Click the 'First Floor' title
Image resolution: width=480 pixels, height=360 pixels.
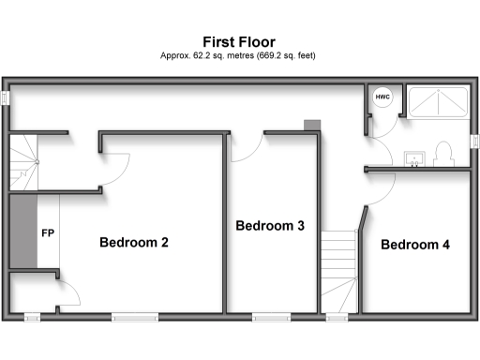pos(239,41)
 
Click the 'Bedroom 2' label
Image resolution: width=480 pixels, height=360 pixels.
pos(134,243)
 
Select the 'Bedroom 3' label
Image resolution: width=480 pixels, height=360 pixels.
pos(270,226)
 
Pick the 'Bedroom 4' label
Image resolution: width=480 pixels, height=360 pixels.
pos(415,245)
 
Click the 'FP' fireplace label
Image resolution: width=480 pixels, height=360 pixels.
pos(47,232)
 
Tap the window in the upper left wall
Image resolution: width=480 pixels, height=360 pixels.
pos(6,98)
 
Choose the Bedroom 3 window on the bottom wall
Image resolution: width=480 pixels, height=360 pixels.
pos(271,317)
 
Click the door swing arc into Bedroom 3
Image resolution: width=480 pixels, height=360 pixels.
pos(243,150)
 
